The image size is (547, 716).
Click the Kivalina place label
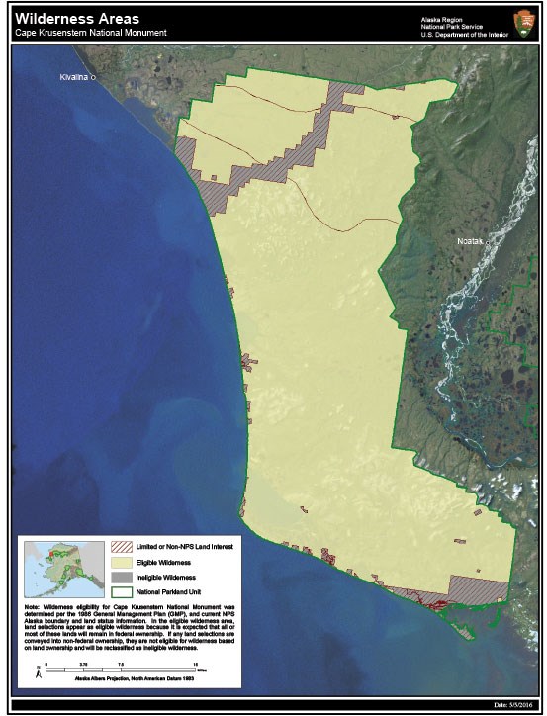coord(73,76)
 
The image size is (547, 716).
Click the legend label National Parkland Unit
coord(167,589)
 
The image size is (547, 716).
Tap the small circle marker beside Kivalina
coord(93,79)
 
